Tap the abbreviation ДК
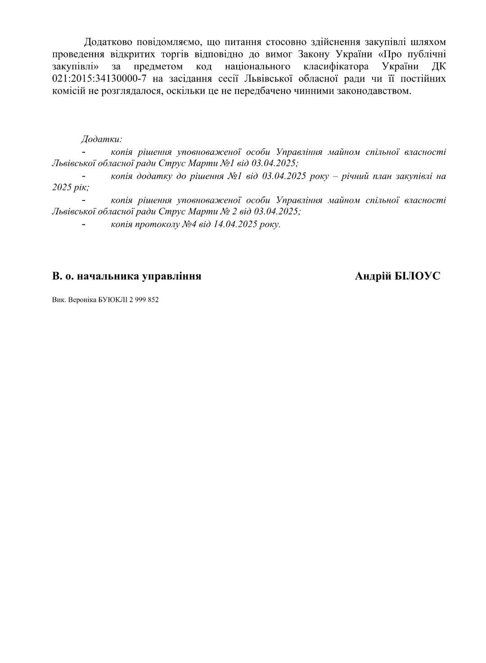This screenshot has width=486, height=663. click(x=438, y=67)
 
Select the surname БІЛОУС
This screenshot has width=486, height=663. click(x=417, y=276)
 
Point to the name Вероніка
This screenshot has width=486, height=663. click(x=79, y=300)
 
